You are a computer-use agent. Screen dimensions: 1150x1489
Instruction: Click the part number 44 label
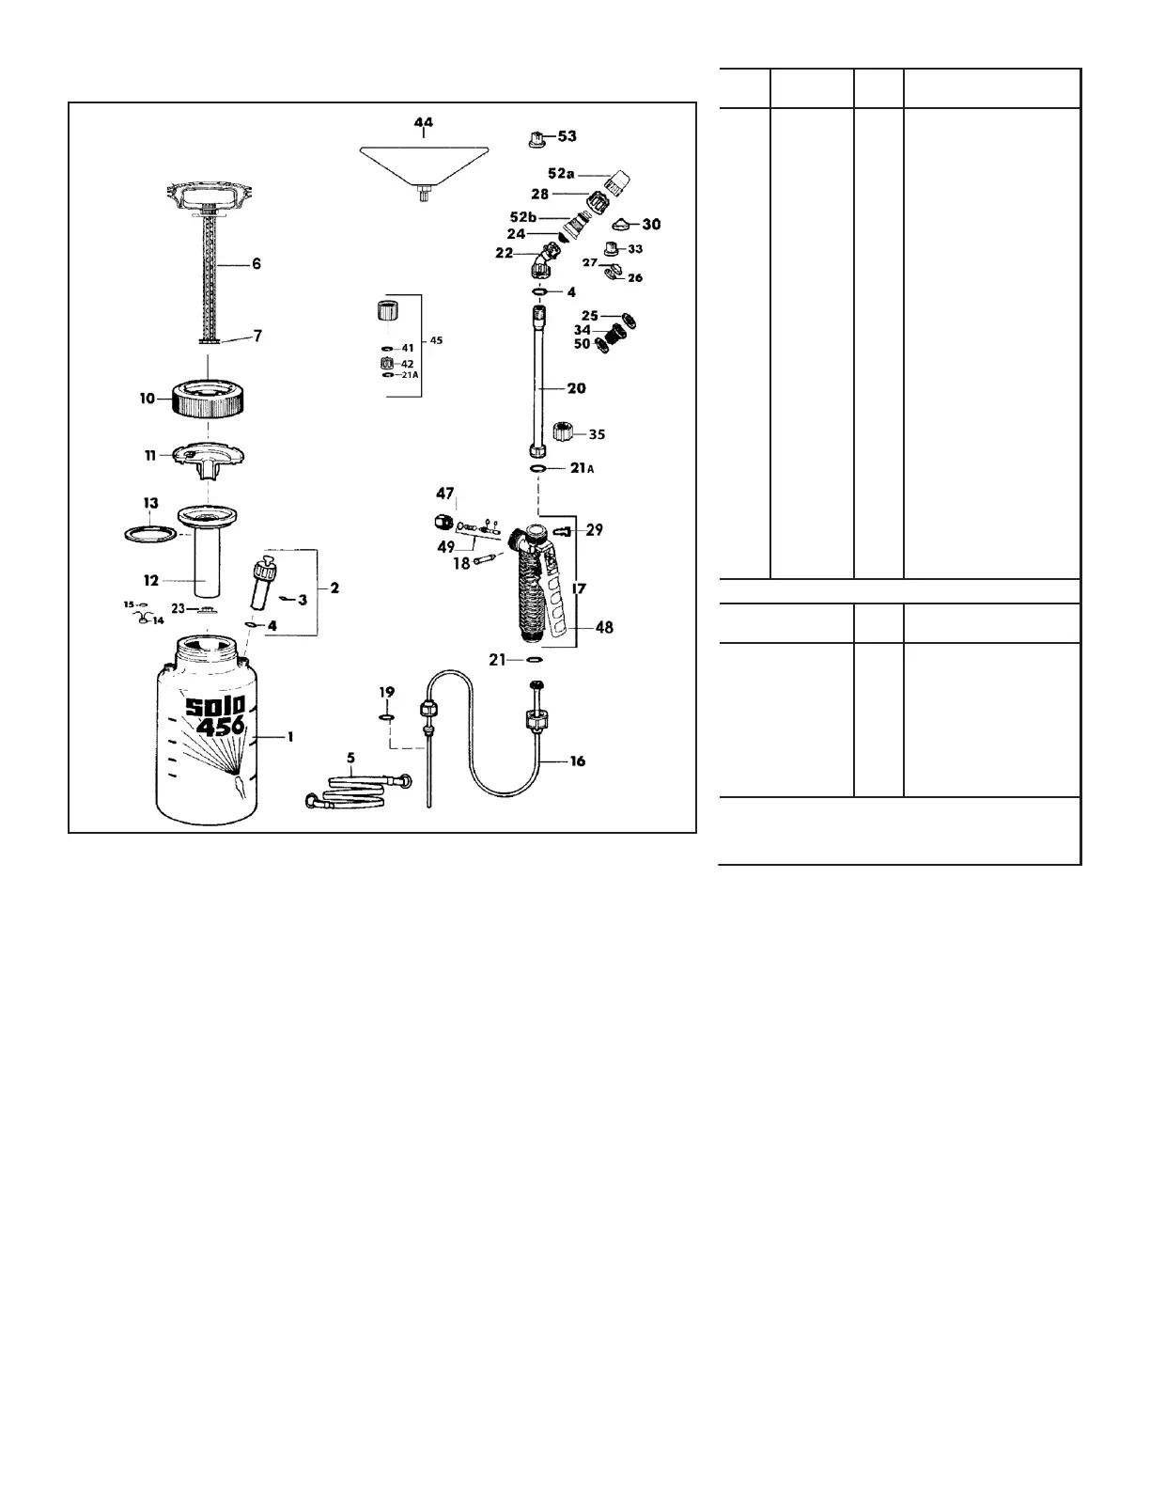(x=424, y=122)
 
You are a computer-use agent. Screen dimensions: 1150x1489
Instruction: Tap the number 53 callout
(x=567, y=136)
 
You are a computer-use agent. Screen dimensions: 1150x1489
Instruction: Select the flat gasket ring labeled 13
(x=150, y=533)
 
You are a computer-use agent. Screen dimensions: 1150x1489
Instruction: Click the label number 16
(x=577, y=760)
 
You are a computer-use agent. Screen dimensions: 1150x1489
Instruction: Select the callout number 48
(x=604, y=627)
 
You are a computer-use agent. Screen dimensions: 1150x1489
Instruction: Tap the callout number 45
(x=437, y=340)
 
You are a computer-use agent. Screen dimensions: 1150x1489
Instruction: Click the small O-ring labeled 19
(x=387, y=718)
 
